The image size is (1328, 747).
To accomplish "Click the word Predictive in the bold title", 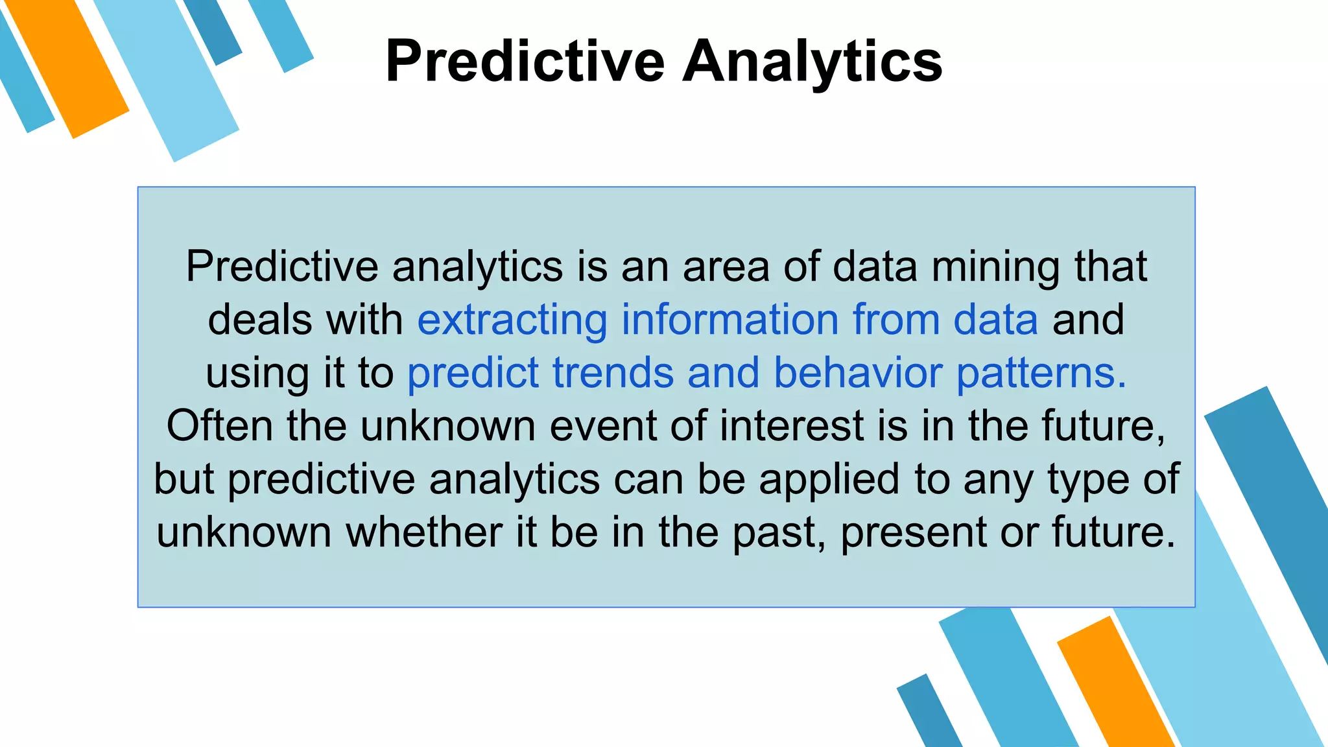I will (x=525, y=62).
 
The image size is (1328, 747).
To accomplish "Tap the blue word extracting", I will (x=512, y=320).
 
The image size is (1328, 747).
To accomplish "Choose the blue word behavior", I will (x=858, y=373).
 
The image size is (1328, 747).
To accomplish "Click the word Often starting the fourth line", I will (x=219, y=426).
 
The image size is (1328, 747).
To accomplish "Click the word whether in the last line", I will (x=423, y=532).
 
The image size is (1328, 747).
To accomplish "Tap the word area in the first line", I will (x=726, y=267).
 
